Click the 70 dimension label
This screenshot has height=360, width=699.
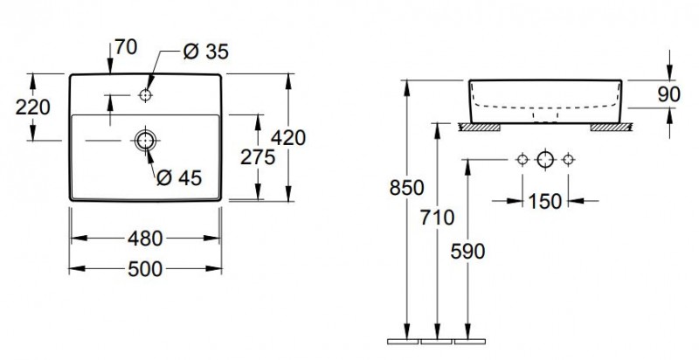126,49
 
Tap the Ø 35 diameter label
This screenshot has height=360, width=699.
205,52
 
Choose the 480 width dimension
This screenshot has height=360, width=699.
144,237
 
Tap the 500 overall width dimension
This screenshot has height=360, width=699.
144,269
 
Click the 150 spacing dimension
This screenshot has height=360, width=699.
544,201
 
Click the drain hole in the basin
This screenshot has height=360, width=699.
144,139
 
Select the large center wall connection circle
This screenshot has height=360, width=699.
545,159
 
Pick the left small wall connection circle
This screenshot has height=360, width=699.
523,159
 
